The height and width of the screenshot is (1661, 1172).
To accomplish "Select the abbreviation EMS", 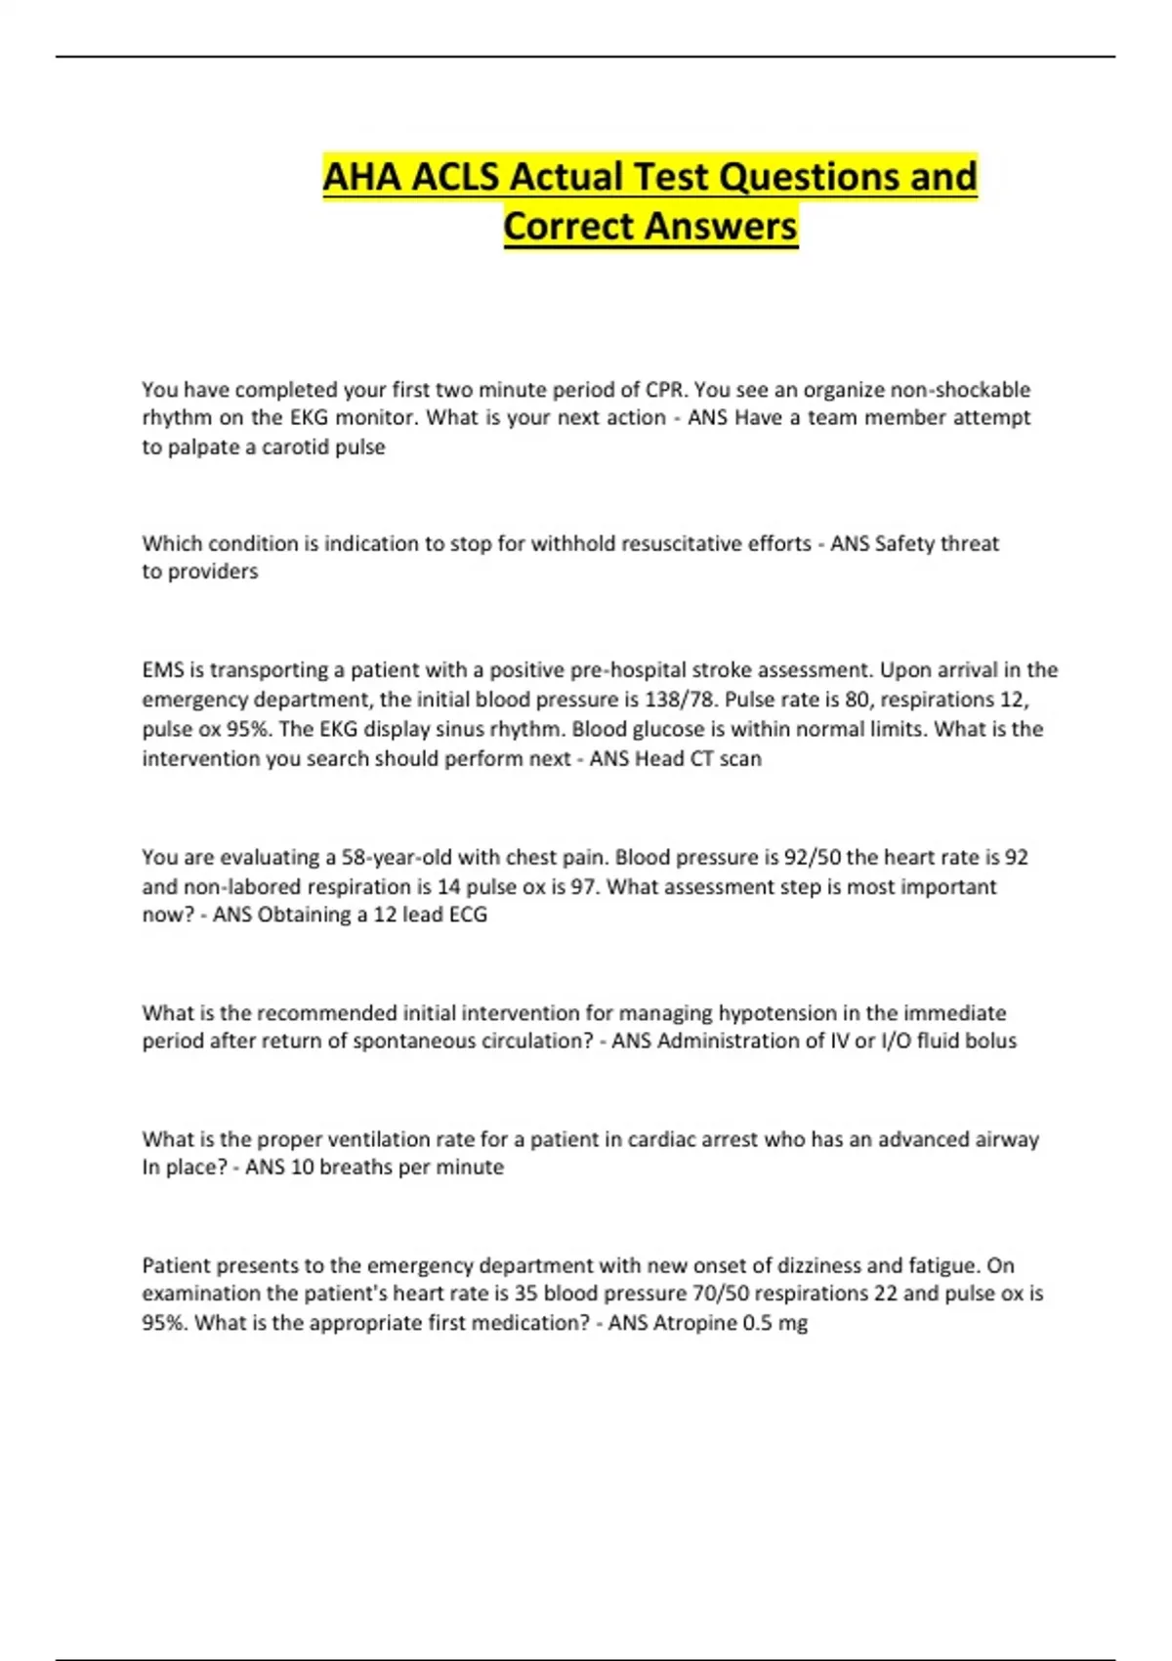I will (x=162, y=670).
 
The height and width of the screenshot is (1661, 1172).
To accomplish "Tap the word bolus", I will (x=990, y=1042).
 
